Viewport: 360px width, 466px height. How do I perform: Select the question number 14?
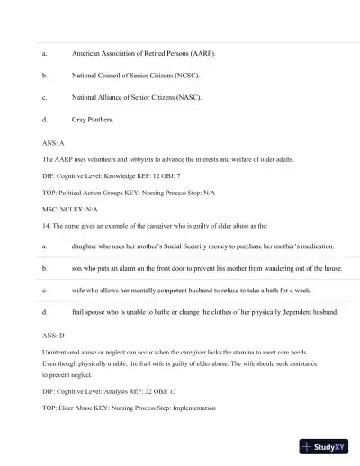47,224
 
